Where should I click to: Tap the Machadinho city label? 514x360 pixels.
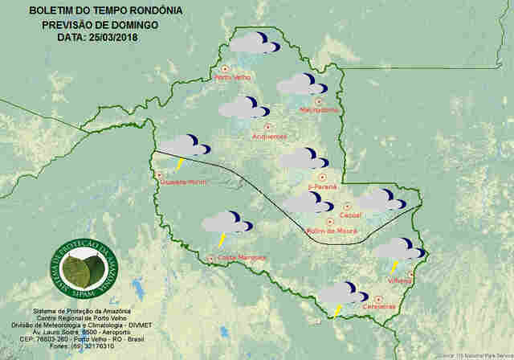coord(318,110)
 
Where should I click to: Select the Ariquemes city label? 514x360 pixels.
coord(269,136)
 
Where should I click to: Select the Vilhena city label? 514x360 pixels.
coord(399,280)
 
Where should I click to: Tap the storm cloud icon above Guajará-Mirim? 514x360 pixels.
coord(184,147)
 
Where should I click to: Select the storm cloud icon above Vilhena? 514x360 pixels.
coord(397,250)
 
